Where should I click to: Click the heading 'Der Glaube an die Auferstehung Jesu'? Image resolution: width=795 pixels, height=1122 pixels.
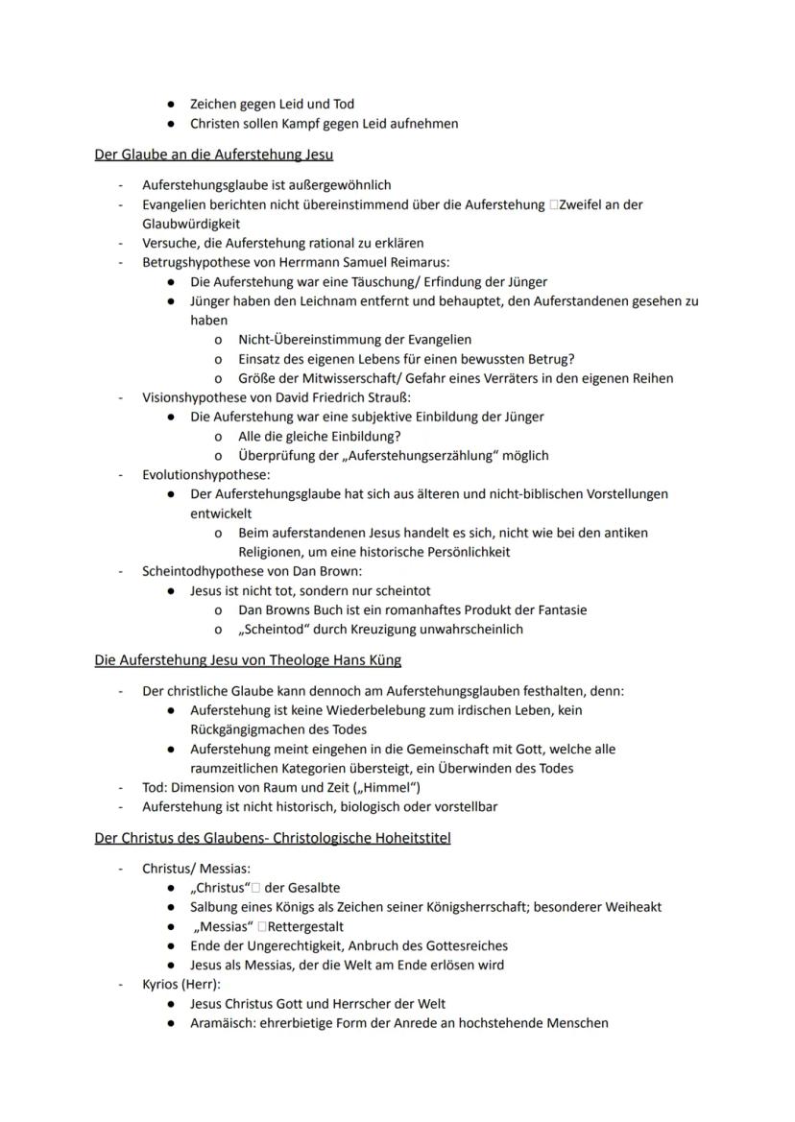(213, 154)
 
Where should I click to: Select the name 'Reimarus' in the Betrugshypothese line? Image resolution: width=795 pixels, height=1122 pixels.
(420, 262)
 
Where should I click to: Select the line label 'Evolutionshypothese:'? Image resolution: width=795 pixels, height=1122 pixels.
(205, 474)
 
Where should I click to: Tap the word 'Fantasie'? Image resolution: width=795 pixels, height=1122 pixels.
(561, 609)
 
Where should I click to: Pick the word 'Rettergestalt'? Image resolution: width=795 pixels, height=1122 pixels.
(301, 926)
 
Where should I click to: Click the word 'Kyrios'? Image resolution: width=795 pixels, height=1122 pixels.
(161, 985)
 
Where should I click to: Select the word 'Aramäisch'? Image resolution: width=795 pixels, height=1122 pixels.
(224, 1023)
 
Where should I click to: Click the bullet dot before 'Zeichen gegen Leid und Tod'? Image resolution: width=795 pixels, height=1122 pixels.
(170, 104)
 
